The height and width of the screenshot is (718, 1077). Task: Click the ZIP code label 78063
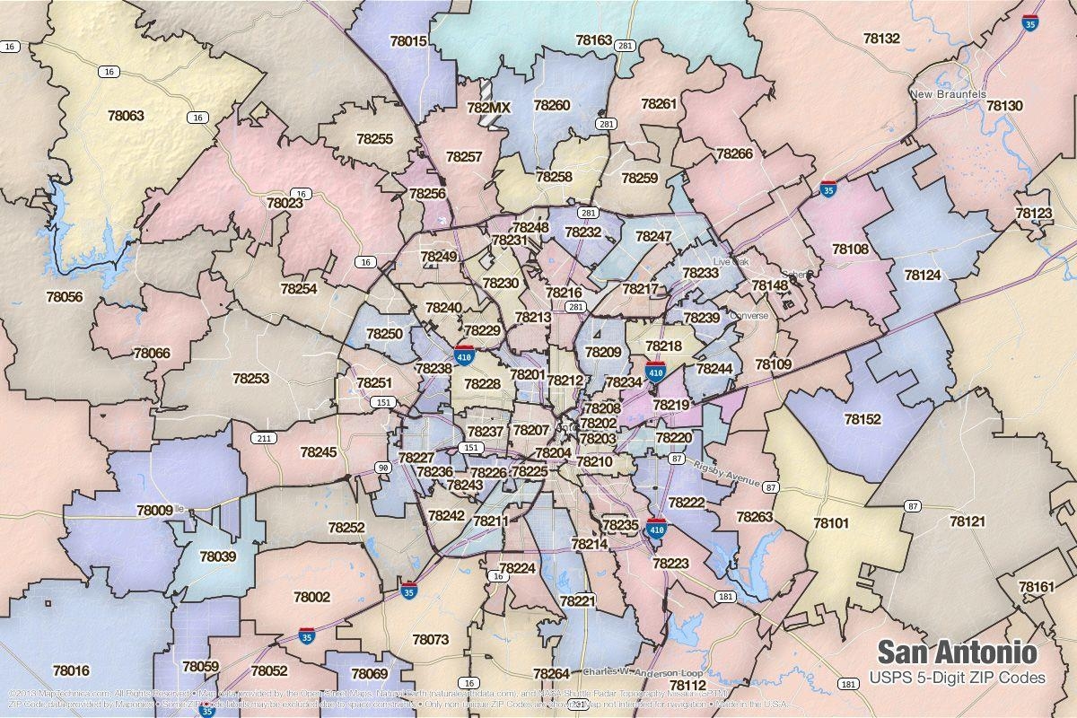click(126, 116)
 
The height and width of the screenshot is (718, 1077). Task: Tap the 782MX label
click(488, 108)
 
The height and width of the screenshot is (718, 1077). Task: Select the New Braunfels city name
click(947, 94)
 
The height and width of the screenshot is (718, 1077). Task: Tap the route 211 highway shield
click(263, 439)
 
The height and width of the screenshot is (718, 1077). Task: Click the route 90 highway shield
click(383, 468)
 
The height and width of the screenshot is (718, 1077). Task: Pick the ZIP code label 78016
click(71, 670)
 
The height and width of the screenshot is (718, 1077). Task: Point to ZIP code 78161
click(1037, 587)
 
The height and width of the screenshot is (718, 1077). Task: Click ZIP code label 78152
click(862, 419)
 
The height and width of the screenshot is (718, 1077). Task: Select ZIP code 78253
click(250, 379)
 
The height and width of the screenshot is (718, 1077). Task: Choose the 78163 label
click(593, 40)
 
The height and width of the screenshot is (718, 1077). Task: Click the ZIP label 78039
click(217, 556)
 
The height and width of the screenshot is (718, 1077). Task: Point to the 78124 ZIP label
click(922, 275)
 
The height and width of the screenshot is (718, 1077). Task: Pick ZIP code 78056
click(63, 297)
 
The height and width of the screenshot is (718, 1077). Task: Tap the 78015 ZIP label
click(408, 41)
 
